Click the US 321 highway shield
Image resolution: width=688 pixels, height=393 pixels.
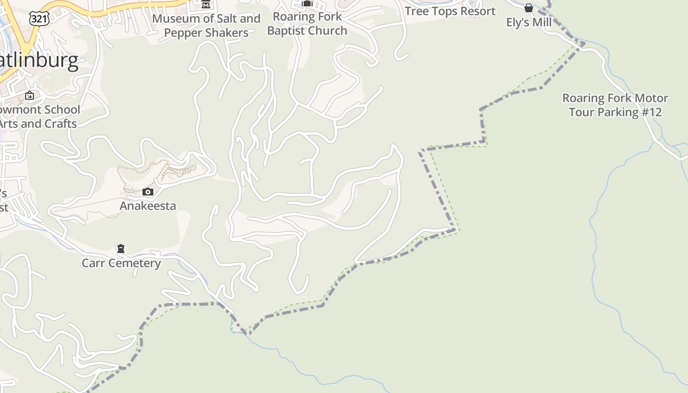pyautogui.click(x=39, y=19)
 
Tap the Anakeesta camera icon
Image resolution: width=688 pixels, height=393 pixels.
pyautogui.click(x=148, y=192)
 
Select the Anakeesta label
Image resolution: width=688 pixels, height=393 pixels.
pyautogui.click(x=147, y=205)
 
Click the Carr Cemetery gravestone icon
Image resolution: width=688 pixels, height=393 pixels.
pyautogui.click(x=121, y=249)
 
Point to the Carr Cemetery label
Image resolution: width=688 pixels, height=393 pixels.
pyautogui.click(x=121, y=263)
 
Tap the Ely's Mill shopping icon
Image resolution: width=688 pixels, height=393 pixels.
pyautogui.click(x=529, y=8)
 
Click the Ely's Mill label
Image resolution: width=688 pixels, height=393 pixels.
pyautogui.click(x=529, y=23)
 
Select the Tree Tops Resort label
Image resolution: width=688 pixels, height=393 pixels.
pyautogui.click(x=450, y=11)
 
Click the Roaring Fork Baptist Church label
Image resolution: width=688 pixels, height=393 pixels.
pyautogui.click(x=307, y=24)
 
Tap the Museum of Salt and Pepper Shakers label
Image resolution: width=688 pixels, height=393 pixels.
pyautogui.click(x=206, y=26)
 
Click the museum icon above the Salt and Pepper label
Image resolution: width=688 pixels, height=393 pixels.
pyautogui.click(x=206, y=4)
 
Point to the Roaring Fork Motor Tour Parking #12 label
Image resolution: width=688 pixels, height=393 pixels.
pyautogui.click(x=615, y=105)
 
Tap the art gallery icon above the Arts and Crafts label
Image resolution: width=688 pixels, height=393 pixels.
pyautogui.click(x=29, y=95)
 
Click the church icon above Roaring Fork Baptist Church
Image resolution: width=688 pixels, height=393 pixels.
pyautogui.click(x=307, y=3)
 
